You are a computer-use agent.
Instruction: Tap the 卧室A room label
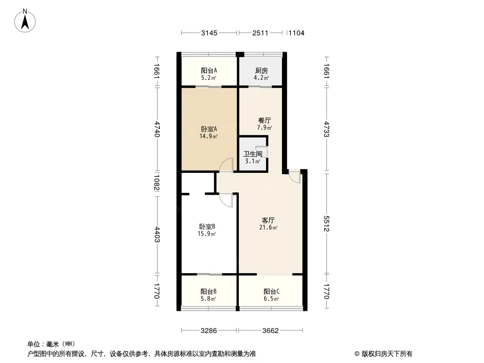pos(209,129)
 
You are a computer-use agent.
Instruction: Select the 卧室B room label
pos(207,227)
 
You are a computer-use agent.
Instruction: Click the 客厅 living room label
pos(268,220)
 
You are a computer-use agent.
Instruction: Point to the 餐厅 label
pos(265,120)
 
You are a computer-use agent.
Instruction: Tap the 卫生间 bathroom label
pos(253,154)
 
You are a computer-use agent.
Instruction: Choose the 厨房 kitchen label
pos(262,71)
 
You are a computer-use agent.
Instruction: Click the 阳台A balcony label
pos(209,71)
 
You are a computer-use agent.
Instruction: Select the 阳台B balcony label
pos(208,291)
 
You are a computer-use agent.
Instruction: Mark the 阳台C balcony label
pos(272,291)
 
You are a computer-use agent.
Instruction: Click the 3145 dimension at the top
pos(209,33)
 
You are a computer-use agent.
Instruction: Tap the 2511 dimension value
pos(260,33)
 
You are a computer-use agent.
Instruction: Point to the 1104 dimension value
pos(296,33)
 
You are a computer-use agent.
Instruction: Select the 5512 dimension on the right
pos(326,224)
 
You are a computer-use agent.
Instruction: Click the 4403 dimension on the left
pos(157,235)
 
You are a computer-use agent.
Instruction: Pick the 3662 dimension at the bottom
pos(271,331)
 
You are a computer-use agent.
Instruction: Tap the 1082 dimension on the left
pos(157,183)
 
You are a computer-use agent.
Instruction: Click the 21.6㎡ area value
pos(268,228)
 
